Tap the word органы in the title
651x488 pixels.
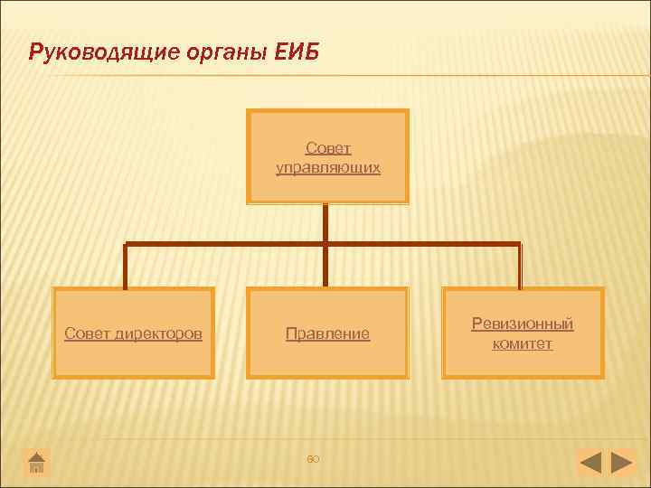pyautogui.click(x=222, y=52)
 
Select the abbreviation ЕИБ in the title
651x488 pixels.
pyautogui.click(x=296, y=52)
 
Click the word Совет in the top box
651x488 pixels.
pyautogui.click(x=328, y=147)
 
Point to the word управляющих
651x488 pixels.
pyautogui.click(x=328, y=167)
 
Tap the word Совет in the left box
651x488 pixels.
pyautogui.click(x=86, y=333)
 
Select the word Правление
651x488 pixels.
pyautogui.click(x=327, y=333)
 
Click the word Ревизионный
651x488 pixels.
pyautogui.click(x=523, y=324)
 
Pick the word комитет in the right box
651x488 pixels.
pyautogui.click(x=523, y=343)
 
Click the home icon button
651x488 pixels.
pyautogui.click(x=36, y=464)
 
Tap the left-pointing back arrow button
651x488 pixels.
pyautogui.click(x=590, y=464)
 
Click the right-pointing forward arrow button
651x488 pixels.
pyautogui.click(x=622, y=464)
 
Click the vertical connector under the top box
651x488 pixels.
pyautogui.click(x=325, y=222)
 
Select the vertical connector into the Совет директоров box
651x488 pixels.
pyautogui.click(x=126, y=267)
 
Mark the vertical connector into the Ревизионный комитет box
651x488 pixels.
pyautogui.click(x=520, y=267)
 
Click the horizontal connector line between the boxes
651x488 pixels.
pyautogui.click(x=226, y=244)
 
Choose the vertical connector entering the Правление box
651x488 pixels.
pyautogui.click(x=325, y=267)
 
